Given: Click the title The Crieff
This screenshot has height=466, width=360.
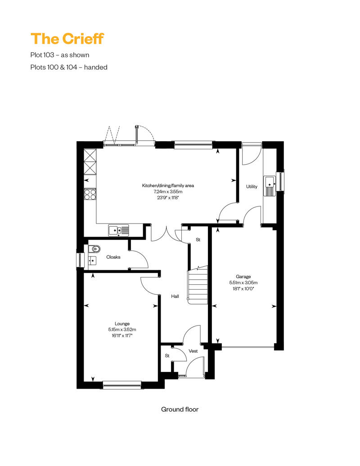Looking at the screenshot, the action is [67, 39].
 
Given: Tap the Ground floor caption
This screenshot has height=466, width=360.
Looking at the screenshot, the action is [180, 409].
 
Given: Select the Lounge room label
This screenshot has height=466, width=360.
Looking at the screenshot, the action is [122, 324].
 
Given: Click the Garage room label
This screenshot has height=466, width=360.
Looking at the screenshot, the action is [243, 277].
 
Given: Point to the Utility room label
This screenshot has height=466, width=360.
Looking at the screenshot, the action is [252, 187].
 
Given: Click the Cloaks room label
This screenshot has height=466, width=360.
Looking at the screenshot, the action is [113, 257].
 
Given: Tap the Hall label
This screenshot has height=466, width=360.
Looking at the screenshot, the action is [175, 296].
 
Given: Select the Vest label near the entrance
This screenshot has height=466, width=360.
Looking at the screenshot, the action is [193, 351].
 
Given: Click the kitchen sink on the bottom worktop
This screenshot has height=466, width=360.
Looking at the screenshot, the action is [119, 230].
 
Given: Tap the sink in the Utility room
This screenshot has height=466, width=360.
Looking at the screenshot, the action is [270, 186].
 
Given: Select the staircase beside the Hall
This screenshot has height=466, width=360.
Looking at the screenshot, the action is [198, 285].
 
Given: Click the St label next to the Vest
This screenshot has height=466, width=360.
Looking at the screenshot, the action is [167, 356].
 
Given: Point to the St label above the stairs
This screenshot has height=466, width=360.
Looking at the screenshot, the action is [198, 240].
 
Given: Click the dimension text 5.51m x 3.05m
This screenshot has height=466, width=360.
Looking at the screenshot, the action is [243, 282].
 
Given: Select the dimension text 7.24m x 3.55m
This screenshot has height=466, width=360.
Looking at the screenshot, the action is [168, 192].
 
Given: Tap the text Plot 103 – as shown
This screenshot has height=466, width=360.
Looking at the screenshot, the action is [60, 55].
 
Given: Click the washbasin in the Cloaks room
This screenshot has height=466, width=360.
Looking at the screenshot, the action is [92, 260].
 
